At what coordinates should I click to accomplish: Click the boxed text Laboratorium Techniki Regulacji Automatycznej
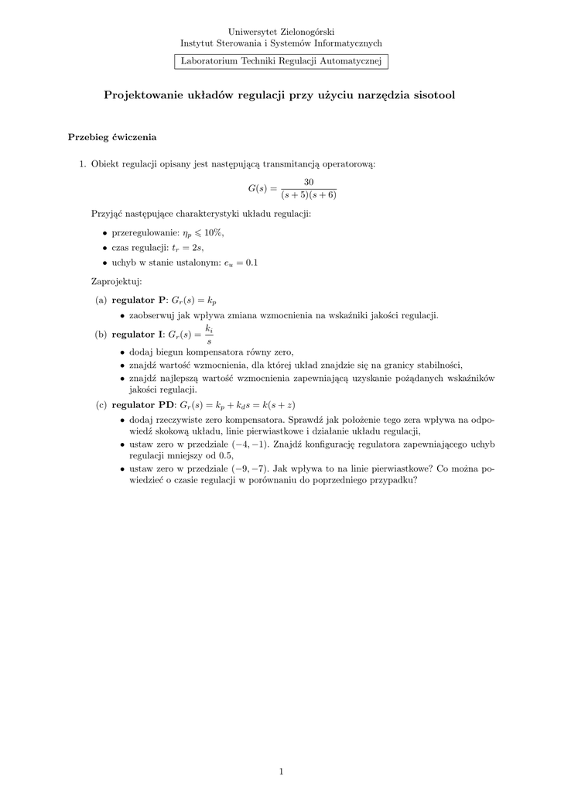281,61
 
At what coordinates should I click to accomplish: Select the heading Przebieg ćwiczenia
112,137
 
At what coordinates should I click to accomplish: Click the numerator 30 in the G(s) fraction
309,182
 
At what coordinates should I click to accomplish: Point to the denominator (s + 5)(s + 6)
309,195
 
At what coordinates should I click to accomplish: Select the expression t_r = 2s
186,247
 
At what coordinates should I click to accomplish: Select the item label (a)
101,299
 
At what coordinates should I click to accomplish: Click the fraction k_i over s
209,335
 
